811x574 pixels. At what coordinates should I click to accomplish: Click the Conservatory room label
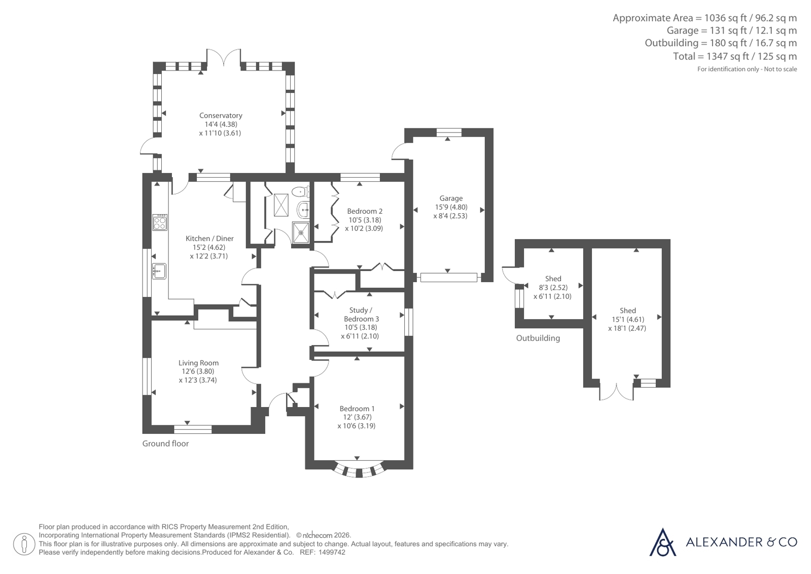[x=221, y=116]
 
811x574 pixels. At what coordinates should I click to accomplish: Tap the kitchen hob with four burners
[x=160, y=222]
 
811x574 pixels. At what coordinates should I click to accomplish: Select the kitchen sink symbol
[x=159, y=271]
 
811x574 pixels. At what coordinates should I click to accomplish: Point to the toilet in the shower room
[x=300, y=191]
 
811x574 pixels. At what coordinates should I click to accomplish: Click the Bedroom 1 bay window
[x=359, y=470]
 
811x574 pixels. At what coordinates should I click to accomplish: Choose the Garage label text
[x=451, y=198]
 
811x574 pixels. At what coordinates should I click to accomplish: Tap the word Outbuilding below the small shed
[x=538, y=338]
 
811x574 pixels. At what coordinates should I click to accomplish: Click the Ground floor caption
[x=165, y=444]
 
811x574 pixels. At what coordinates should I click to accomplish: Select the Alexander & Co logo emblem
[x=662, y=542]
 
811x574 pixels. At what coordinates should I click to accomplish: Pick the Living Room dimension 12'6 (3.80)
[x=198, y=372]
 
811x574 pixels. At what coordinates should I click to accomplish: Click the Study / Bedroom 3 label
[x=361, y=315]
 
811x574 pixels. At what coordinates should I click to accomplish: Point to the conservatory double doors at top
[x=223, y=58]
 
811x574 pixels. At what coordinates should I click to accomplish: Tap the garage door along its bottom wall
[x=448, y=277]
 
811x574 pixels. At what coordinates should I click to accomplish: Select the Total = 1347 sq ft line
[x=735, y=56]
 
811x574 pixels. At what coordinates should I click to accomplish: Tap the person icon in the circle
[x=24, y=544]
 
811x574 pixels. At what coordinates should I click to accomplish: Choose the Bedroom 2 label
[x=365, y=211]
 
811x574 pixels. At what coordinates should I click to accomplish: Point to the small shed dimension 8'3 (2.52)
[x=553, y=288]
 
